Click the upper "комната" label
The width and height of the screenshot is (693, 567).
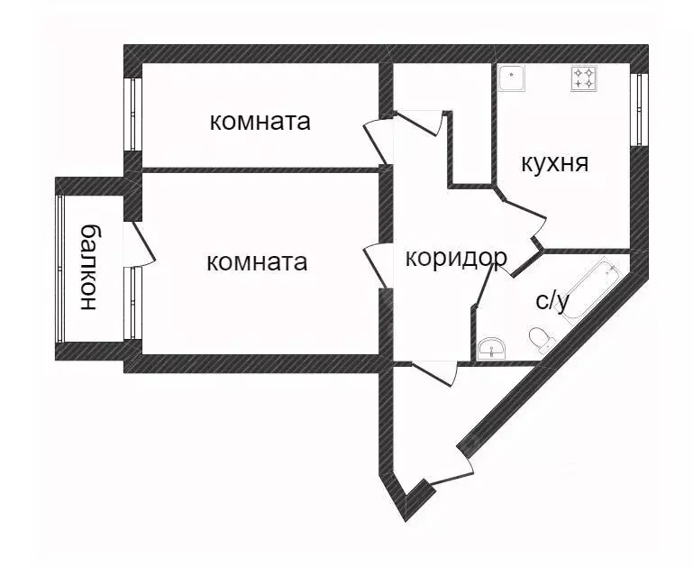tap(260, 122)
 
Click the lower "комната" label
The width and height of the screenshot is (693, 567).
tap(257, 262)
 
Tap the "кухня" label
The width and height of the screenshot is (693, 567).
tap(554, 164)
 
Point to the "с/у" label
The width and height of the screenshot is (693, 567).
tap(552, 301)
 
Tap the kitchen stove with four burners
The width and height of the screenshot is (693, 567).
tap(582, 78)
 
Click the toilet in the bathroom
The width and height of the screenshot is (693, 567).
tap(540, 340)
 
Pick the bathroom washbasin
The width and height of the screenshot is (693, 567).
tap(491, 345)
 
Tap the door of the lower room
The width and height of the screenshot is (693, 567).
tap(376, 266)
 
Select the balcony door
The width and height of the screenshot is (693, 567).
tap(141, 241)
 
